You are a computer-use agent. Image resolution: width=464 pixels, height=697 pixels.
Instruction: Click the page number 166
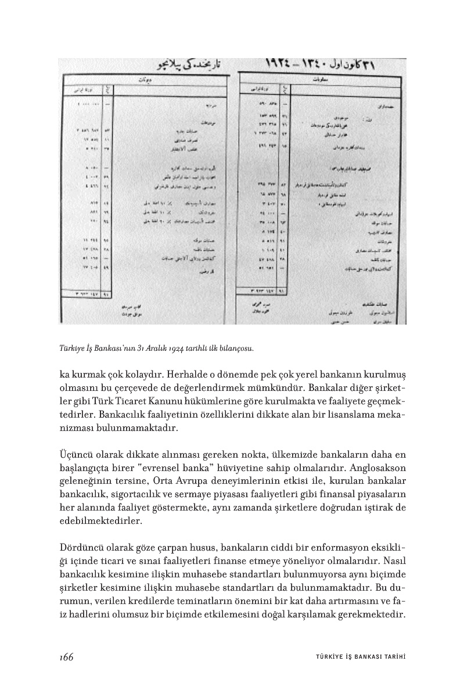(x=66, y=656)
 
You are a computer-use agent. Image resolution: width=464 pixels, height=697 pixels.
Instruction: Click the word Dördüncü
(x=83, y=547)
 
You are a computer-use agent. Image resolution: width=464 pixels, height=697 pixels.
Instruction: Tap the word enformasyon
(x=333, y=547)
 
